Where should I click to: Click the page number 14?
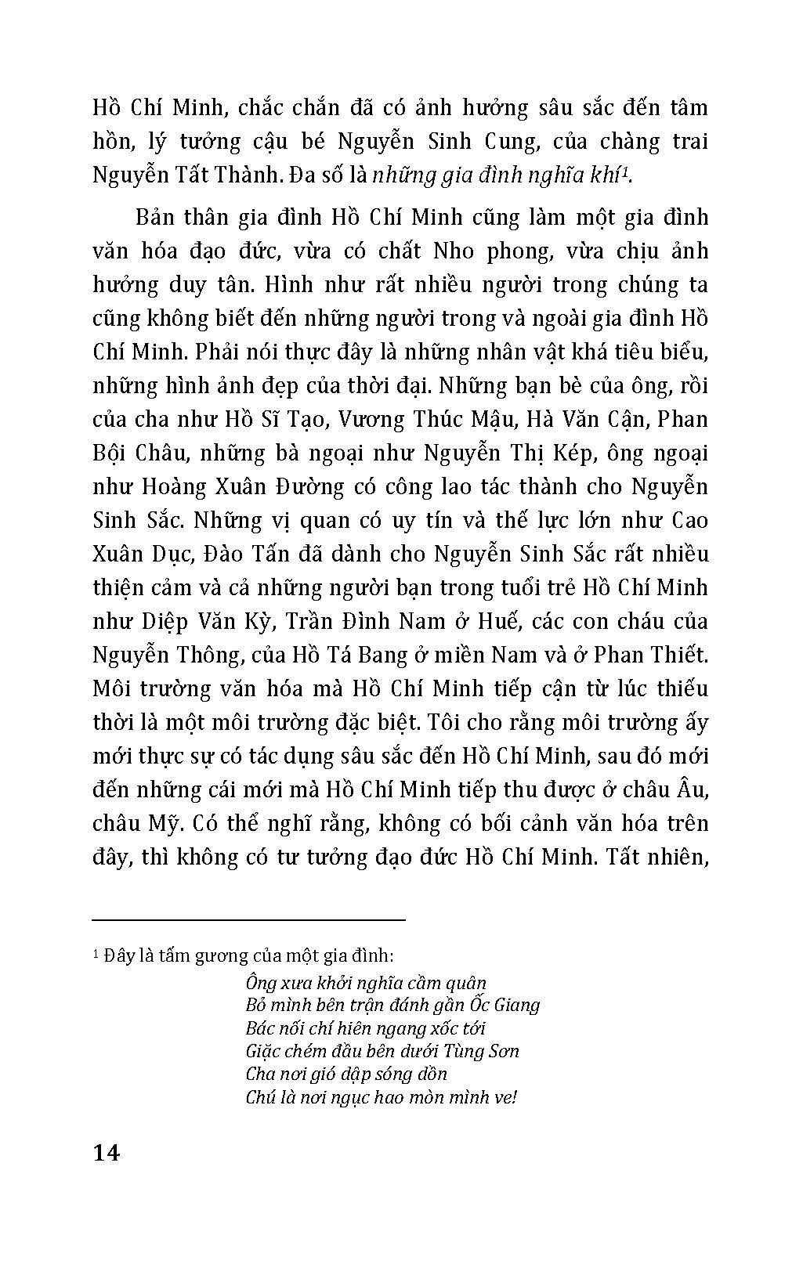(106, 1154)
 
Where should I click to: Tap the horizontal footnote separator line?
(248, 919)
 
